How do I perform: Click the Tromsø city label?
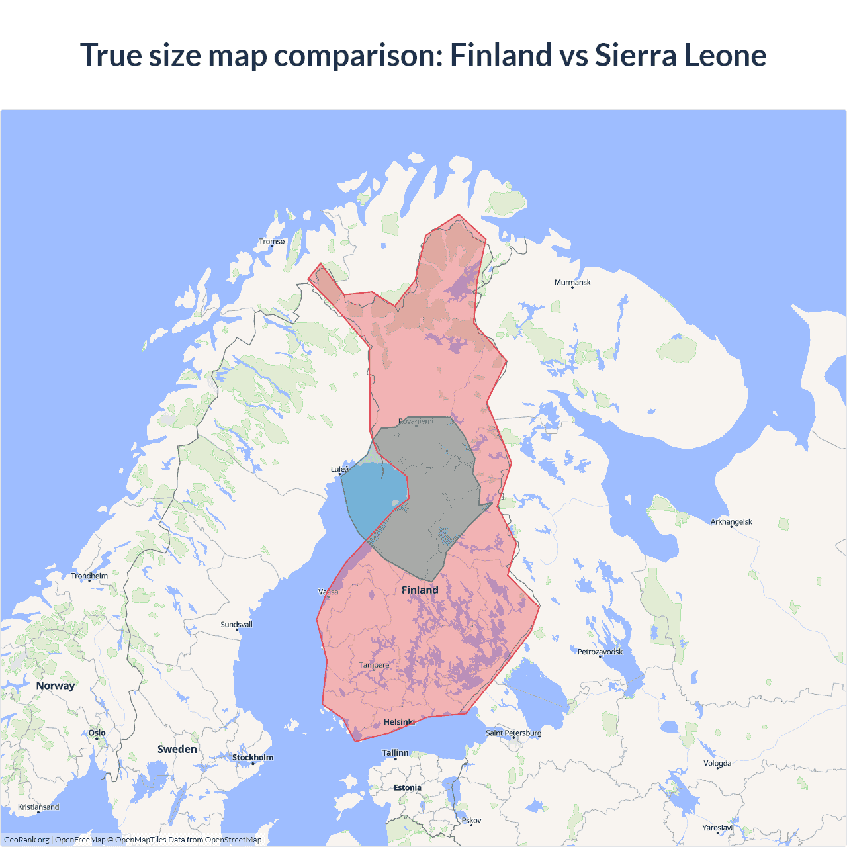[271, 242]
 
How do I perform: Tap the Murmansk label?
[572, 283]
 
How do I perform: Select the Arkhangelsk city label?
[731, 522]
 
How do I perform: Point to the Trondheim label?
[89, 576]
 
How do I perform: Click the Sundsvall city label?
[236, 625]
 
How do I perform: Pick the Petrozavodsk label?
[600, 652]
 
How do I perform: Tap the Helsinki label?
[399, 722]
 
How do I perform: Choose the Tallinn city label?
[395, 753]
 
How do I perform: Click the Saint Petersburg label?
[513, 733]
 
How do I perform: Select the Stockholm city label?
[252, 758]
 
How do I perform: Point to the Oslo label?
[97, 733]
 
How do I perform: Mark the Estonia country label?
[407, 787]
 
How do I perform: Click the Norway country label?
[56, 686]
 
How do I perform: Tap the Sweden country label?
[177, 749]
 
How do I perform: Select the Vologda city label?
[717, 763]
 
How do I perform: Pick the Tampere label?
[374, 665]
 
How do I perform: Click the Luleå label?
[339, 469]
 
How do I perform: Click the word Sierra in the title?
[635, 55]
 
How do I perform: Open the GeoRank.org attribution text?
[26, 840]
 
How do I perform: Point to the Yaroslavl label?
[717, 828]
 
